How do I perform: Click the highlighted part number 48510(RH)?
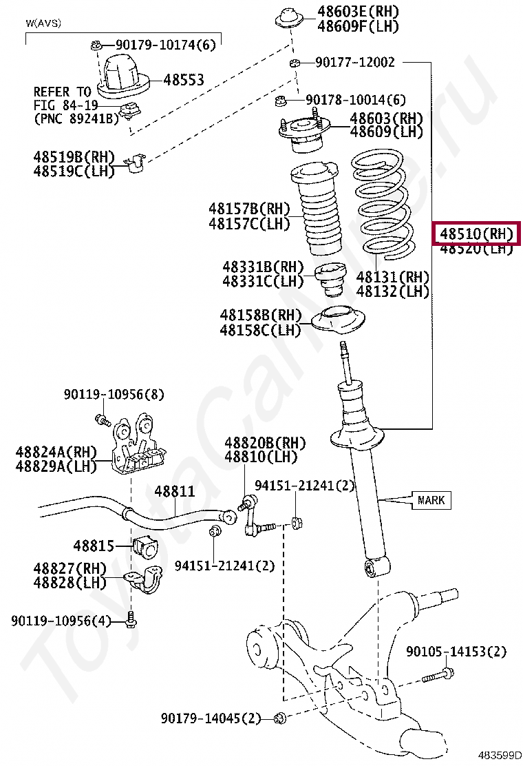[476, 234]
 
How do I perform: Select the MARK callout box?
[431, 500]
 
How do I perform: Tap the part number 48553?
[184, 80]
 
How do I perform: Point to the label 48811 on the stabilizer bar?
[174, 492]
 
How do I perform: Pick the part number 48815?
[94, 546]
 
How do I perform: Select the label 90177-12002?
[355, 63]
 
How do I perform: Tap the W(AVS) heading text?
[43, 23]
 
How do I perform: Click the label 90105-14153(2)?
[456, 651]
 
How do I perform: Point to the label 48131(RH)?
[392, 277]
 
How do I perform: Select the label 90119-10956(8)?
[114, 395]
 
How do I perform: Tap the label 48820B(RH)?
[265, 443]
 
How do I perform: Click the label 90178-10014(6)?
[356, 100]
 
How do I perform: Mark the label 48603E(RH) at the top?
[358, 12]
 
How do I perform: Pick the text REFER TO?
[62, 92]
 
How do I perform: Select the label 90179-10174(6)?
[165, 45]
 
